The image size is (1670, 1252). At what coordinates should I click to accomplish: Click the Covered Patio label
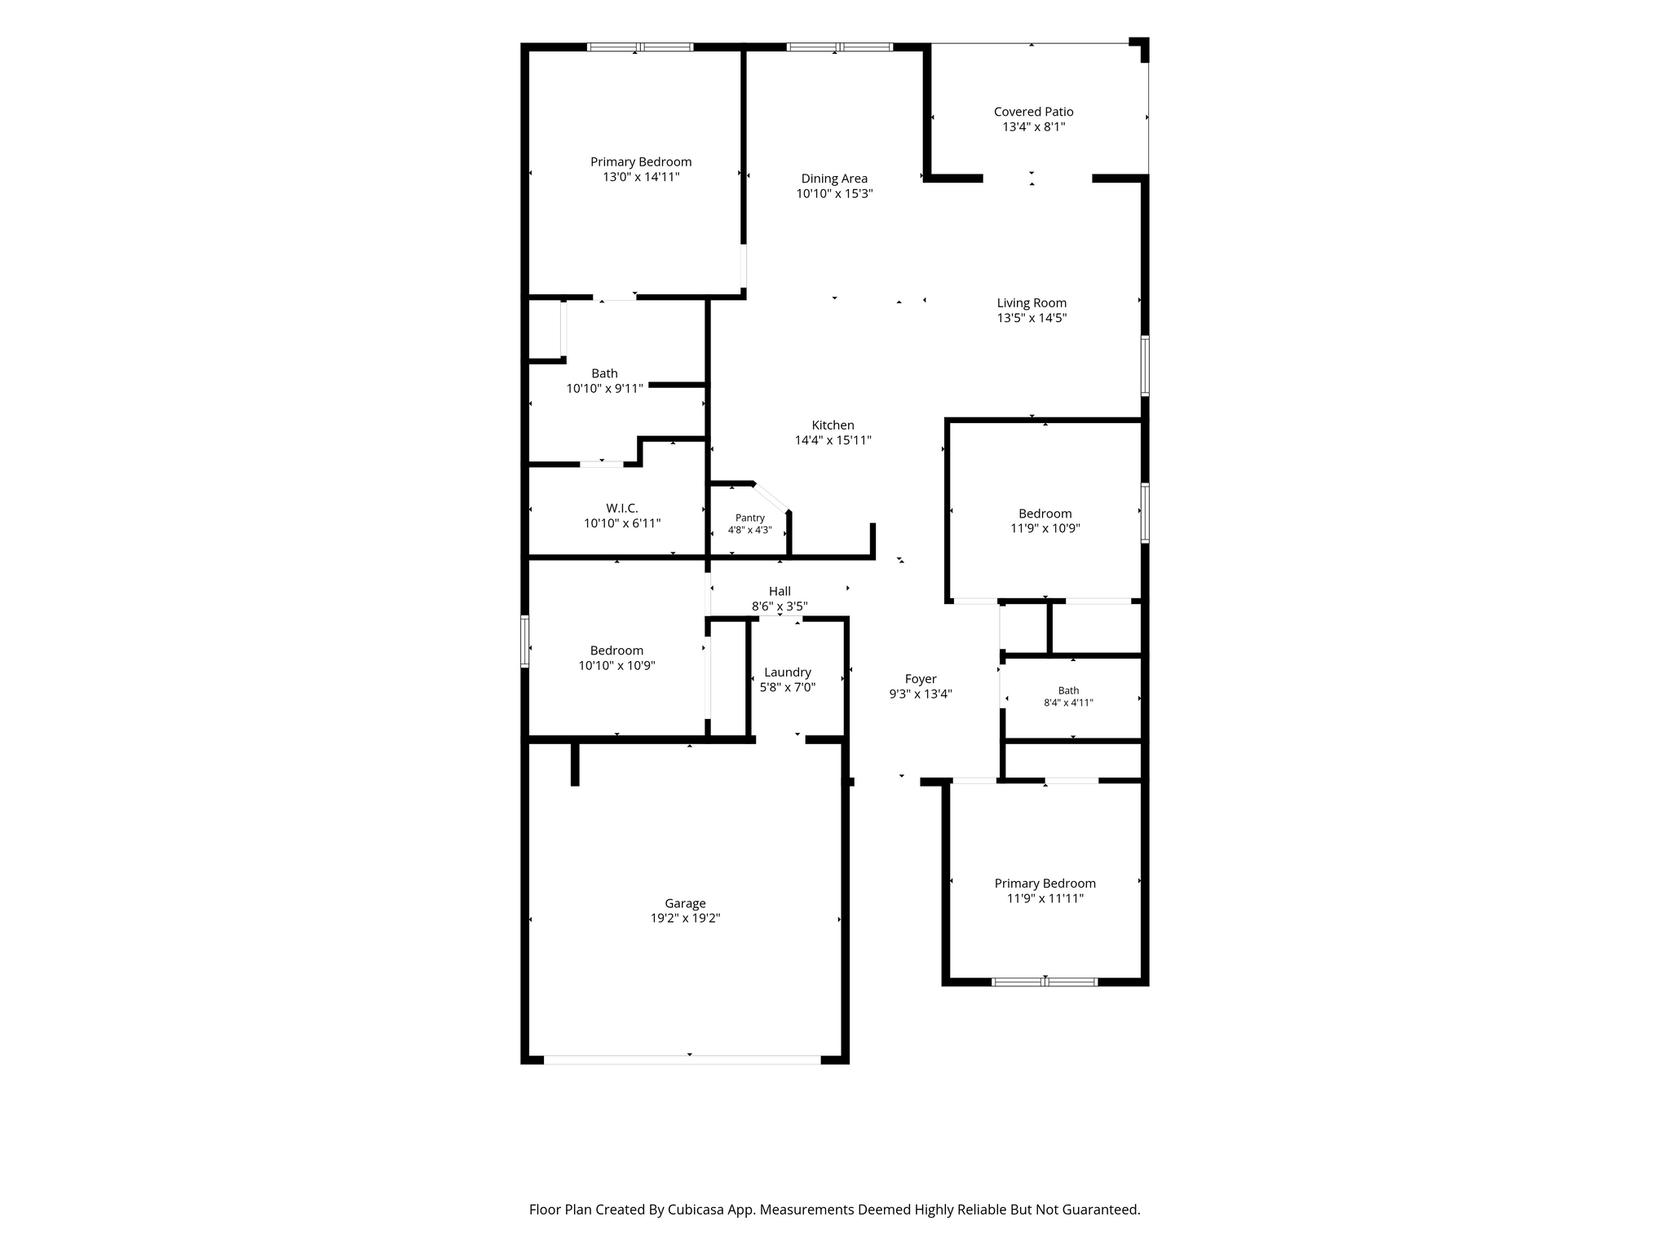pyautogui.click(x=1033, y=112)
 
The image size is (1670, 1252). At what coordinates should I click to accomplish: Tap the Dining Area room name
pyautogui.click(x=834, y=179)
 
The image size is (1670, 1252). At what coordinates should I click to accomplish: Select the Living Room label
pyautogui.click(x=1032, y=303)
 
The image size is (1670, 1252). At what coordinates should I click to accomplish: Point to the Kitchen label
pyautogui.click(x=833, y=425)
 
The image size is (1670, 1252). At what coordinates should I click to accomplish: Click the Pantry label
pyautogui.click(x=750, y=518)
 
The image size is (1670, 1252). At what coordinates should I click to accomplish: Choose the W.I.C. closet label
pyautogui.click(x=622, y=509)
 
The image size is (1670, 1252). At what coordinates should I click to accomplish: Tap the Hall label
pyautogui.click(x=780, y=591)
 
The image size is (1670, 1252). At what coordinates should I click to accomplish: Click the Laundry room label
pyautogui.click(x=788, y=672)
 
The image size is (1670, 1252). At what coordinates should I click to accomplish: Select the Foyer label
pyautogui.click(x=921, y=679)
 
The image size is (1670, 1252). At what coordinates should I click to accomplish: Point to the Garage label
pyautogui.click(x=685, y=903)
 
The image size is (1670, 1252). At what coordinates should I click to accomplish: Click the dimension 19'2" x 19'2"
pyautogui.click(x=685, y=918)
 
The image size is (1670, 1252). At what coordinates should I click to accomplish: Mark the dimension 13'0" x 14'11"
pyautogui.click(x=641, y=177)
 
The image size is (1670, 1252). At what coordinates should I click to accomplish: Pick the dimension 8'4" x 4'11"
pyautogui.click(x=1068, y=703)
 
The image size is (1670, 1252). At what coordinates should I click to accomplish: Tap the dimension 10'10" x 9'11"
pyautogui.click(x=605, y=389)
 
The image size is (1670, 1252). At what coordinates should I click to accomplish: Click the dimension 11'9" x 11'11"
pyautogui.click(x=1045, y=898)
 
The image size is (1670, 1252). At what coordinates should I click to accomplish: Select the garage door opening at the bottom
pyautogui.click(x=683, y=1060)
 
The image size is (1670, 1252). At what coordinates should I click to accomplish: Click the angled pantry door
pyautogui.click(x=771, y=498)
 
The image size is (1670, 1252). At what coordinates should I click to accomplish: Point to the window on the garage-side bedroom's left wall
pyautogui.click(x=525, y=641)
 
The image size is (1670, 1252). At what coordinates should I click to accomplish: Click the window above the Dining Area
pyautogui.click(x=839, y=47)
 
